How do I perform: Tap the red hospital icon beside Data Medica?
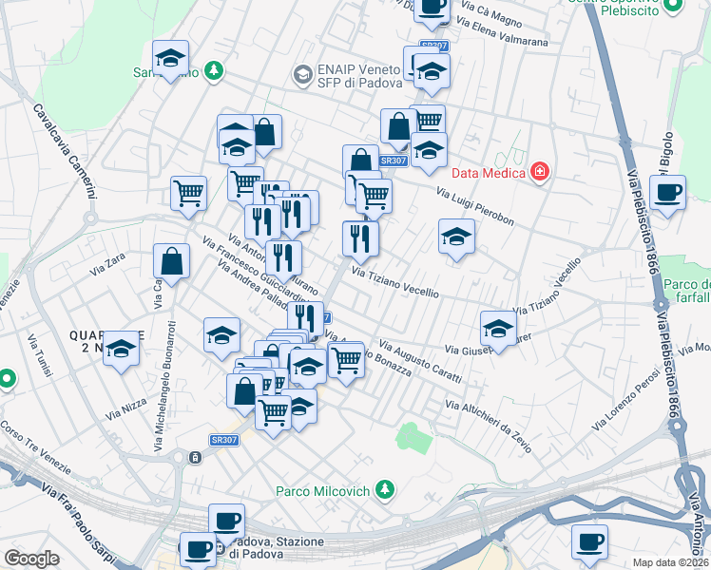[x=540, y=172]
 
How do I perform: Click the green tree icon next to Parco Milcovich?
[x=384, y=490]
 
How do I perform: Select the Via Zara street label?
[x=106, y=269]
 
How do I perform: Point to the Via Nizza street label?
[x=126, y=408]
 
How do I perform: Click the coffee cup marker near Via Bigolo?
[x=670, y=193]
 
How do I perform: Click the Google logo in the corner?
[x=31, y=559]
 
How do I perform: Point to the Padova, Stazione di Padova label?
[x=277, y=547]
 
